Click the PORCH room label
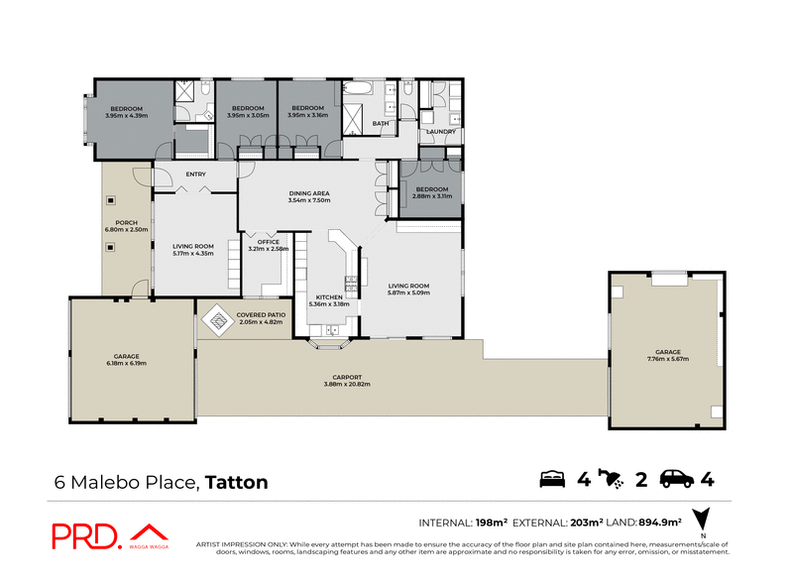[126, 222]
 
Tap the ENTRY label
[195, 176]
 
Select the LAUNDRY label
[440, 132]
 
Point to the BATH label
[380, 124]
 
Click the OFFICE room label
[269, 242]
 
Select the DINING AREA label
[308, 193]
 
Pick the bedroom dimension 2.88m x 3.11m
[432, 196]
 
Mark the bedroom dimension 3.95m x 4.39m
[126, 116]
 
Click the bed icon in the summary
[552, 480]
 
